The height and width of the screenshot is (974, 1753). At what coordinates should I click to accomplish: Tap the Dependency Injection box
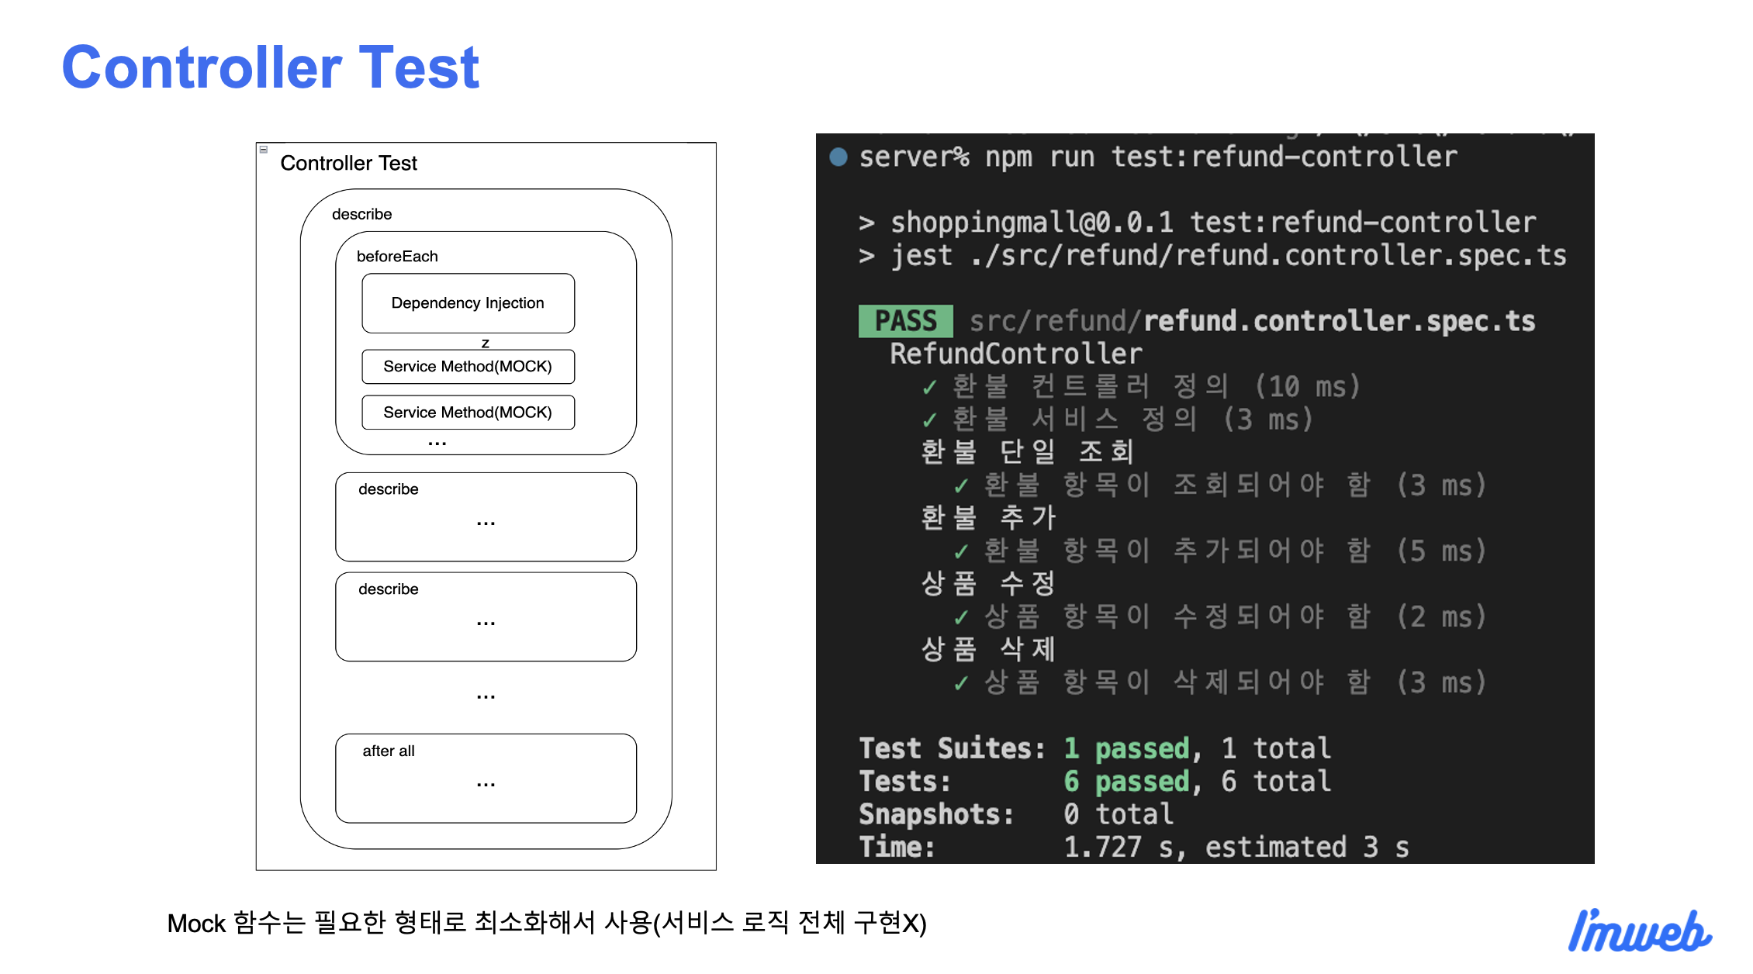click(468, 303)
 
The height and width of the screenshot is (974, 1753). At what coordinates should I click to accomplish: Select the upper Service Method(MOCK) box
click(468, 367)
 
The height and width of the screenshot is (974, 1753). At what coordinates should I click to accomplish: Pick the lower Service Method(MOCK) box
click(468, 413)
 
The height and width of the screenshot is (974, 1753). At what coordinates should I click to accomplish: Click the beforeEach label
click(397, 257)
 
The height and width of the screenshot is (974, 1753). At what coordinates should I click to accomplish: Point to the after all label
click(389, 751)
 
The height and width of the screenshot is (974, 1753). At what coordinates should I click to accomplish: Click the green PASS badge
click(905, 321)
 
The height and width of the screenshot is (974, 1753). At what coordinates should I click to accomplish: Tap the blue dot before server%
click(838, 157)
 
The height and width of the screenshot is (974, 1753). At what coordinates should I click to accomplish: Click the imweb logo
click(1638, 931)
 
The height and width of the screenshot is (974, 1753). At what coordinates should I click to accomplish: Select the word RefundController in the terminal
click(1015, 354)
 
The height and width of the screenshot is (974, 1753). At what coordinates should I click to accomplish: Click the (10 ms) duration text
click(1307, 387)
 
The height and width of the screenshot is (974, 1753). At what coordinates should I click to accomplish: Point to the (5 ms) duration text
click(1441, 551)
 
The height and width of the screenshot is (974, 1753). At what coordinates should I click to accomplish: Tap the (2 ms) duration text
click(1441, 617)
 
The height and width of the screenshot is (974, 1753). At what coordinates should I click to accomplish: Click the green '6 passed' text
click(1126, 782)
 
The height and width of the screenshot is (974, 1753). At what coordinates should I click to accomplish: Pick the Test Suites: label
click(951, 749)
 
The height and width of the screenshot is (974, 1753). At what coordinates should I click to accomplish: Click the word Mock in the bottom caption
click(196, 924)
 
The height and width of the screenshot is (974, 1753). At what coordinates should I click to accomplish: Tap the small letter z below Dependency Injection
click(486, 343)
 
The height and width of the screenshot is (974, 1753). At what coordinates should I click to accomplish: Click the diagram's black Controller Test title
click(348, 164)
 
